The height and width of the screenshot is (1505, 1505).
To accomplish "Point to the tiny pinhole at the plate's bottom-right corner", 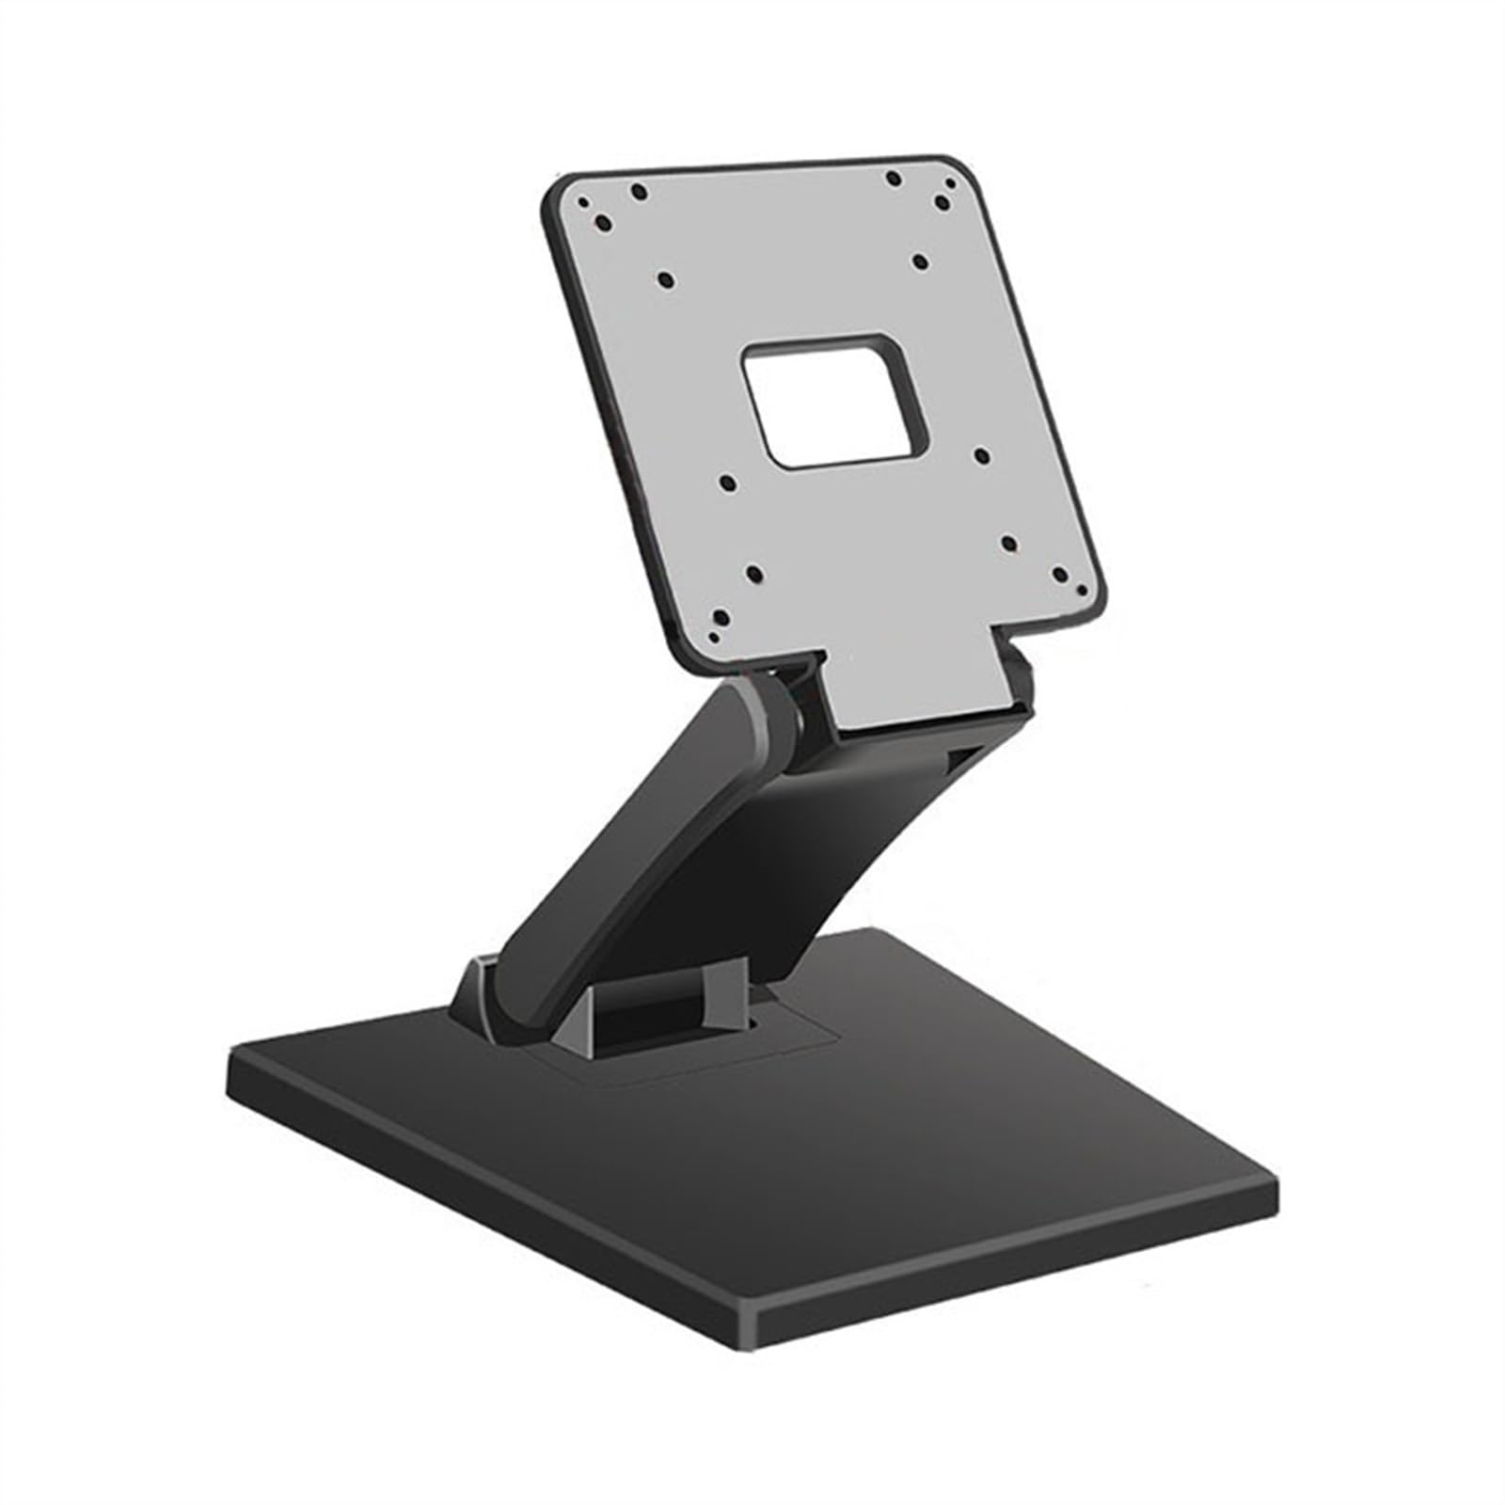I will tap(1082, 590).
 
